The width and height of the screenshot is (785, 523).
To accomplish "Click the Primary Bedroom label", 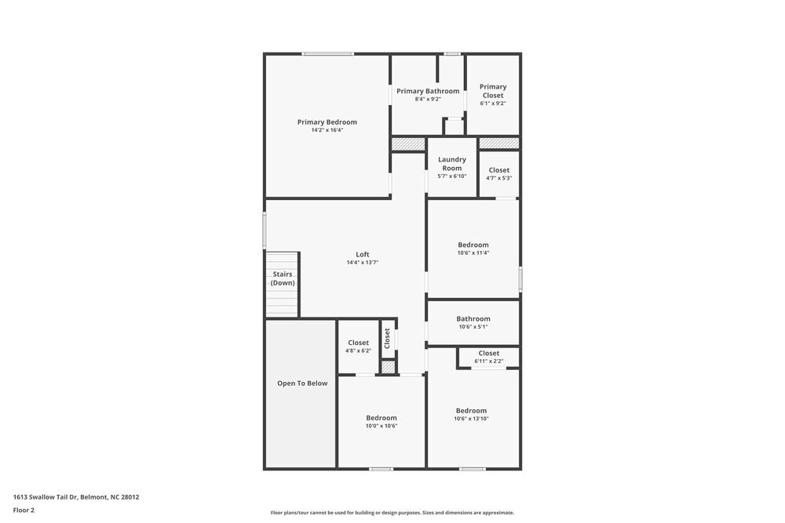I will (327, 122).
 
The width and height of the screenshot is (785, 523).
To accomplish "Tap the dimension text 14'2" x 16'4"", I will (327, 130).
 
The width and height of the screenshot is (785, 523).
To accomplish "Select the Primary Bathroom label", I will (428, 91).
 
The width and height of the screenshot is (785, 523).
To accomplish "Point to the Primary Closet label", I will (493, 91).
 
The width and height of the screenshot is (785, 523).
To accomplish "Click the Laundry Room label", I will (451, 163).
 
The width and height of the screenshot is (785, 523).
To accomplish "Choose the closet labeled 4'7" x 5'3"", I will (498, 173).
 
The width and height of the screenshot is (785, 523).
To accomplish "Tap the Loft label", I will (362, 254).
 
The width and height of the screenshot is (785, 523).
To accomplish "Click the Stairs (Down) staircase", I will (282, 284).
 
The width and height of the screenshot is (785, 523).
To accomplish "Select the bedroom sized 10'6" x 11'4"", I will (473, 249).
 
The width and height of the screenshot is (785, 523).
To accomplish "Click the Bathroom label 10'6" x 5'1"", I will (473, 318).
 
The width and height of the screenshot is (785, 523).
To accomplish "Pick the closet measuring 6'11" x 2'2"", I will (488, 357).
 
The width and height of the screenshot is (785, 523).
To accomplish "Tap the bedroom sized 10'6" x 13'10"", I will (471, 414).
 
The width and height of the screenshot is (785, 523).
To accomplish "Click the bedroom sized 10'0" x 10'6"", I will (382, 421).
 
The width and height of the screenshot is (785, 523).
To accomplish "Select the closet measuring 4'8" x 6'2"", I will (358, 346).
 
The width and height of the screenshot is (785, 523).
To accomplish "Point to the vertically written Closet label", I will (387, 338).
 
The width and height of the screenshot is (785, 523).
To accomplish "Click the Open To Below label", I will (302, 383).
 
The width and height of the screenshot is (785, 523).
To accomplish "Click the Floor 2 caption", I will (24, 510).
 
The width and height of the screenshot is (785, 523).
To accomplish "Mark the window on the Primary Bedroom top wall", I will (327, 53).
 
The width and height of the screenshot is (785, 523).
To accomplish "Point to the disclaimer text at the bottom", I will (392, 513).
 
